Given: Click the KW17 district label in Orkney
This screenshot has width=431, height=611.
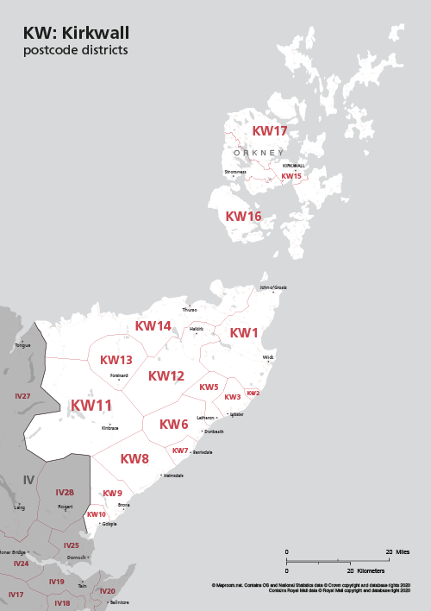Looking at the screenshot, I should coord(269,131).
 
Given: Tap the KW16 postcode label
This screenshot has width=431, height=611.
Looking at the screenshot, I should coord(243,217).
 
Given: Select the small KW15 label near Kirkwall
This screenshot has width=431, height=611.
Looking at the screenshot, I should coord(291,176).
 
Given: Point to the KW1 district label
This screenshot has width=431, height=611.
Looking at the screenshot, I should coord(244,333).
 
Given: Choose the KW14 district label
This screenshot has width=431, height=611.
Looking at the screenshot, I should coord(153,326).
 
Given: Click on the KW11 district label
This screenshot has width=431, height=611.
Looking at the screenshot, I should coord(91,406).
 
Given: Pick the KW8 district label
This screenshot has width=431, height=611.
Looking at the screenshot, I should coord(134,459).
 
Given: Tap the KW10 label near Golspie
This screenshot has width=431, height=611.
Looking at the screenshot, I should coord(96,514).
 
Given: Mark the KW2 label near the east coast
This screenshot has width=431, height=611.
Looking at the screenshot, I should coord(253,394).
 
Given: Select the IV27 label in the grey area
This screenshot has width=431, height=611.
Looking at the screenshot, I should coord(22,396).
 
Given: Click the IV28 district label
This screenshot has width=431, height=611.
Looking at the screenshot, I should coord(65,493).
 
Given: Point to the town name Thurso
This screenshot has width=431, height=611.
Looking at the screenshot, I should coord(190,309).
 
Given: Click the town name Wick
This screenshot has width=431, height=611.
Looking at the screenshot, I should coord(268,356).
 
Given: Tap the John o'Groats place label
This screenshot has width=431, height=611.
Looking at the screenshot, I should coord(273,287).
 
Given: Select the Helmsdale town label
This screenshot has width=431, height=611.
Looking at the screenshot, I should coord(173,476).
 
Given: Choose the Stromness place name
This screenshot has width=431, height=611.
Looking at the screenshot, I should coord(235,172).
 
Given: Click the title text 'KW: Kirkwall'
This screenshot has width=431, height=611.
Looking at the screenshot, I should coord(77,33).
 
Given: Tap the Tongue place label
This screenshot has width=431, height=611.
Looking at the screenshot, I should coord(22,345).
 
